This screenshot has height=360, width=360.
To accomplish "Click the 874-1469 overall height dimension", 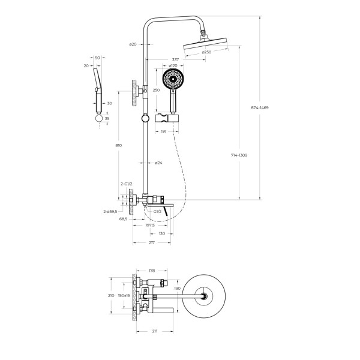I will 260,107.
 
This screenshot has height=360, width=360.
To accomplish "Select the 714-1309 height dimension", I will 239,155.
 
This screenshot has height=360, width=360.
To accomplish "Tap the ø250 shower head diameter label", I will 206,52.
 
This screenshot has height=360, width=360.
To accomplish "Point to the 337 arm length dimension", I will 175,60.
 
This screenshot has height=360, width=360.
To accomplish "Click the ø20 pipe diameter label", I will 133,44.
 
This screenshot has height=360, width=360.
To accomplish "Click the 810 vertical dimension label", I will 119,145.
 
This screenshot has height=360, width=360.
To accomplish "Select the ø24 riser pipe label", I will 158,163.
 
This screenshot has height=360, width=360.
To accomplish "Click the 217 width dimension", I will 152,242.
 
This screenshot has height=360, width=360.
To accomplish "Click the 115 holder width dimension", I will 163,131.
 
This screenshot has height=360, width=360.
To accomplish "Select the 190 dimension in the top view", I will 177,288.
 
